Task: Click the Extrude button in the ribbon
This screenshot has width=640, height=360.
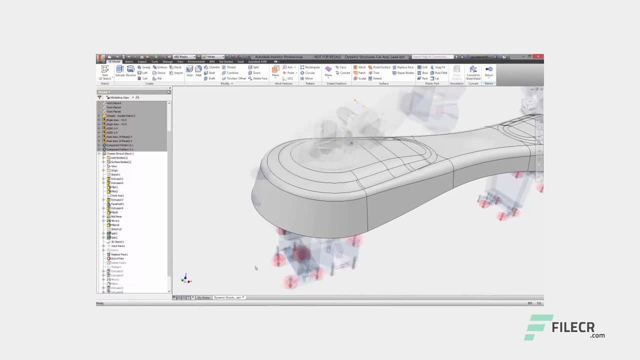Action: click(120, 70)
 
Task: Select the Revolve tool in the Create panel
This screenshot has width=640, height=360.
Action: click(130, 70)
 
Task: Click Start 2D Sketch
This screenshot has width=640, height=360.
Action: click(105, 72)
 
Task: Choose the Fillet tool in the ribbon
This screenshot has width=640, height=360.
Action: click(198, 70)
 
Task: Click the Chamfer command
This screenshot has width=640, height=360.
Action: click(212, 67)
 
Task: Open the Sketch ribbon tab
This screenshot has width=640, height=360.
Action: click(129, 61)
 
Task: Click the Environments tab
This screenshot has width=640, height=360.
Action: click(196, 61)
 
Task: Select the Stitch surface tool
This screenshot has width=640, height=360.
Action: click(359, 67)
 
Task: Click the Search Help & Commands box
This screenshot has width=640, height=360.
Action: click(432, 57)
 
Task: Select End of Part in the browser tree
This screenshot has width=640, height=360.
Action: click(117, 258)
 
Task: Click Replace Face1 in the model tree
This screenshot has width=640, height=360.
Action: click(119, 254)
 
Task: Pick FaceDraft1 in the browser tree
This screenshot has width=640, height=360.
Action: click(117, 204)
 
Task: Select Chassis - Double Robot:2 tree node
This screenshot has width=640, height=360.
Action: click(120, 115)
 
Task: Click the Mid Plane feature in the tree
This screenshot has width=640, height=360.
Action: click(116, 216)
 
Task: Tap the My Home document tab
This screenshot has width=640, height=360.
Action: click(203, 297)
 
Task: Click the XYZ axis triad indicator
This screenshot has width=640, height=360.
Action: click(186, 278)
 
